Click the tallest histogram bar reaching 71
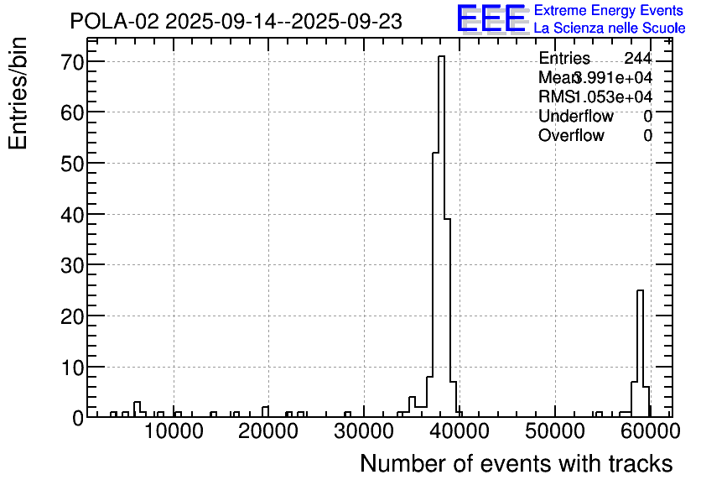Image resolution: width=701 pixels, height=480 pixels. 441,235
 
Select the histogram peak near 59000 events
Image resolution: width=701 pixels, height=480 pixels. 640,352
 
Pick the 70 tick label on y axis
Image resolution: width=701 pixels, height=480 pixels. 71,62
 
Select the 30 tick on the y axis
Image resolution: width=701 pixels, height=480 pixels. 71,265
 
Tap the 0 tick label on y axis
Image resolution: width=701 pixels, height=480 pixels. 77,418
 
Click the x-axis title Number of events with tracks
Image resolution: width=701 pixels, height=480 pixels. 516,463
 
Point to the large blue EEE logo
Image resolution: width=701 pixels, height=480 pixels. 491,18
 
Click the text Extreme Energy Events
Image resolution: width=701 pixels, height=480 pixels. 609,11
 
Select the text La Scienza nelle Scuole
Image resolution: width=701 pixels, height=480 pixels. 609,28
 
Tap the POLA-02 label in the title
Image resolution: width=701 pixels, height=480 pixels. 114,21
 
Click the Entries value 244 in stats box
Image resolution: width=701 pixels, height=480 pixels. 637,59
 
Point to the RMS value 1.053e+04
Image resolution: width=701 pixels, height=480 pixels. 613,97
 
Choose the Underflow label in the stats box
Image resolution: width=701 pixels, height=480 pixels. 576,117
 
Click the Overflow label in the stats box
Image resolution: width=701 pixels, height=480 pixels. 571,136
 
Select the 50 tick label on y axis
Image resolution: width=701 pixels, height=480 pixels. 71,164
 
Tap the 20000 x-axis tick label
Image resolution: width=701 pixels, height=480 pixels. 268,432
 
